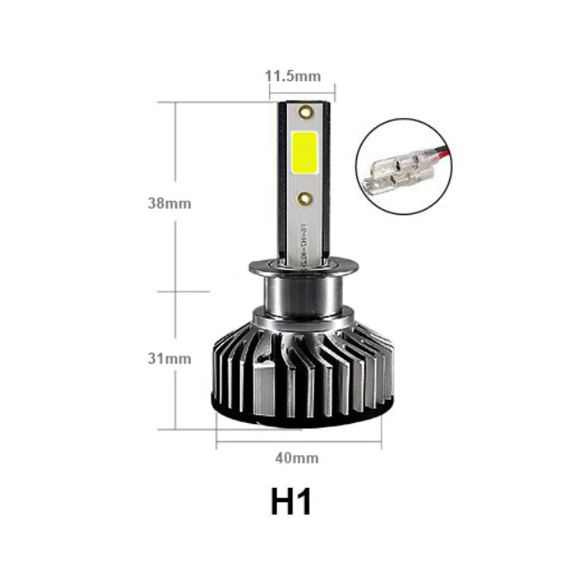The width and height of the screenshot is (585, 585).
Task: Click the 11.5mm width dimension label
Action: pyautogui.click(x=292, y=76)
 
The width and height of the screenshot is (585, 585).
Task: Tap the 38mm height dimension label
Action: pyautogui.click(x=169, y=202)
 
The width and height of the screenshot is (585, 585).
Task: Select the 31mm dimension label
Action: pyautogui.click(x=169, y=358)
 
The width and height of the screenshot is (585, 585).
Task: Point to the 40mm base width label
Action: pyautogui.click(x=296, y=458)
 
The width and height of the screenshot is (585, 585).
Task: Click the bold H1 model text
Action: pyautogui.click(x=291, y=501)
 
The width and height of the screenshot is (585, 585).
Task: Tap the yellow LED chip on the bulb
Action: pyautogui.click(x=304, y=154)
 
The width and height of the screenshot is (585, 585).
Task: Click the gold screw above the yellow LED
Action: pyautogui.click(x=304, y=114)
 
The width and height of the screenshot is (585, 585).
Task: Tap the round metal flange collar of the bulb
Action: pyautogui.click(x=303, y=266)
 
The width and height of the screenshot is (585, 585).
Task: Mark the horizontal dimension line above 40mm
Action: pyautogui.click(x=298, y=442)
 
